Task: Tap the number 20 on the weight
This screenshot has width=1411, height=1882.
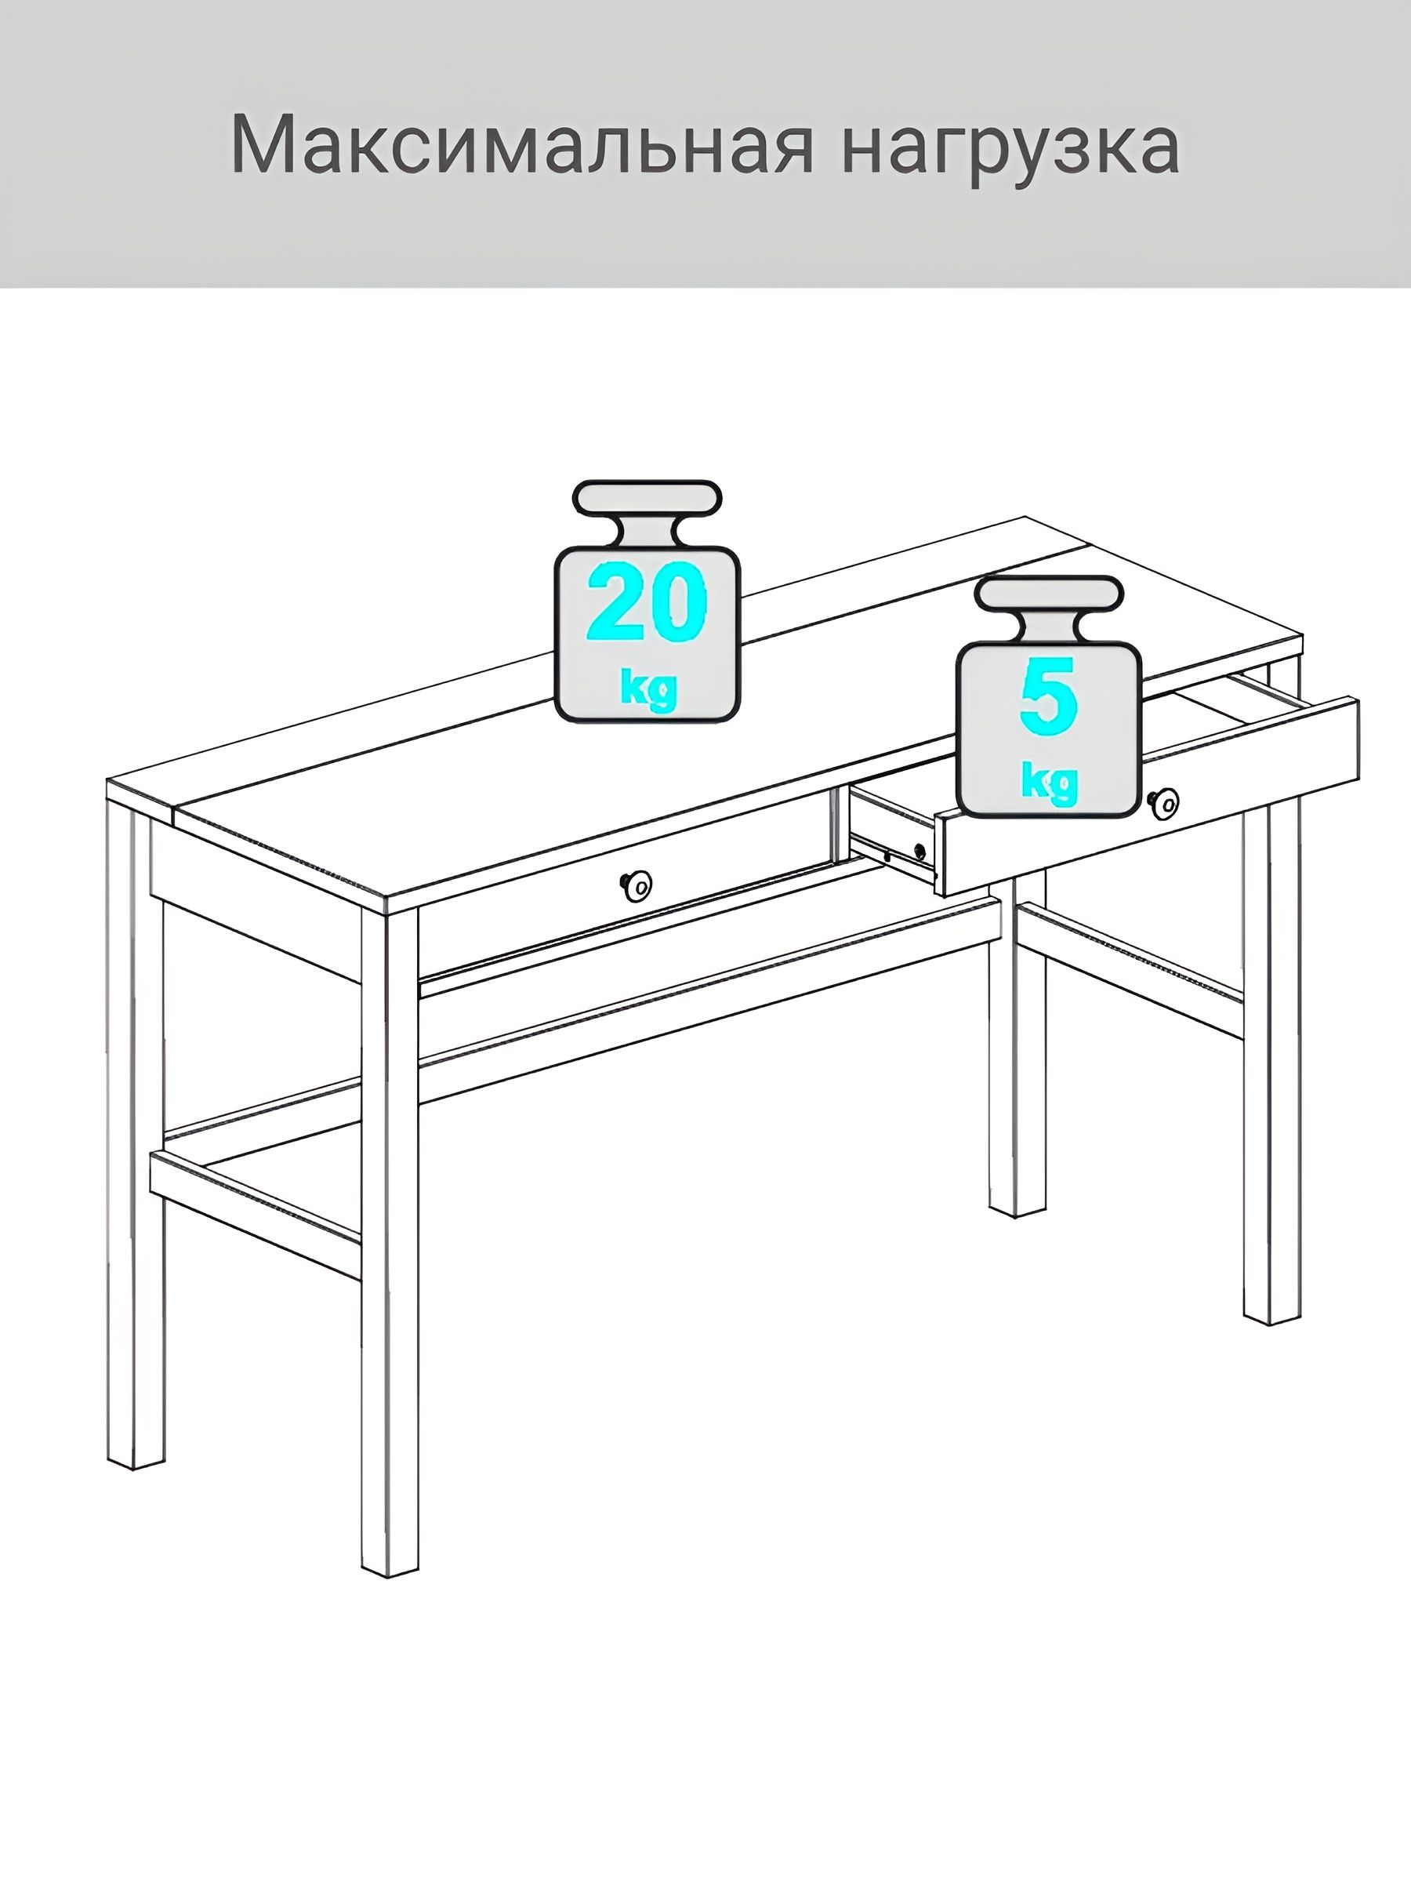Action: click(647, 601)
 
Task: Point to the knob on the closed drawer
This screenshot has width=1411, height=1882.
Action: click(637, 887)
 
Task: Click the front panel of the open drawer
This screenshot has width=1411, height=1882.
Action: click(1148, 795)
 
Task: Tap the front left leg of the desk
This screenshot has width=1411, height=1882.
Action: click(390, 1242)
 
